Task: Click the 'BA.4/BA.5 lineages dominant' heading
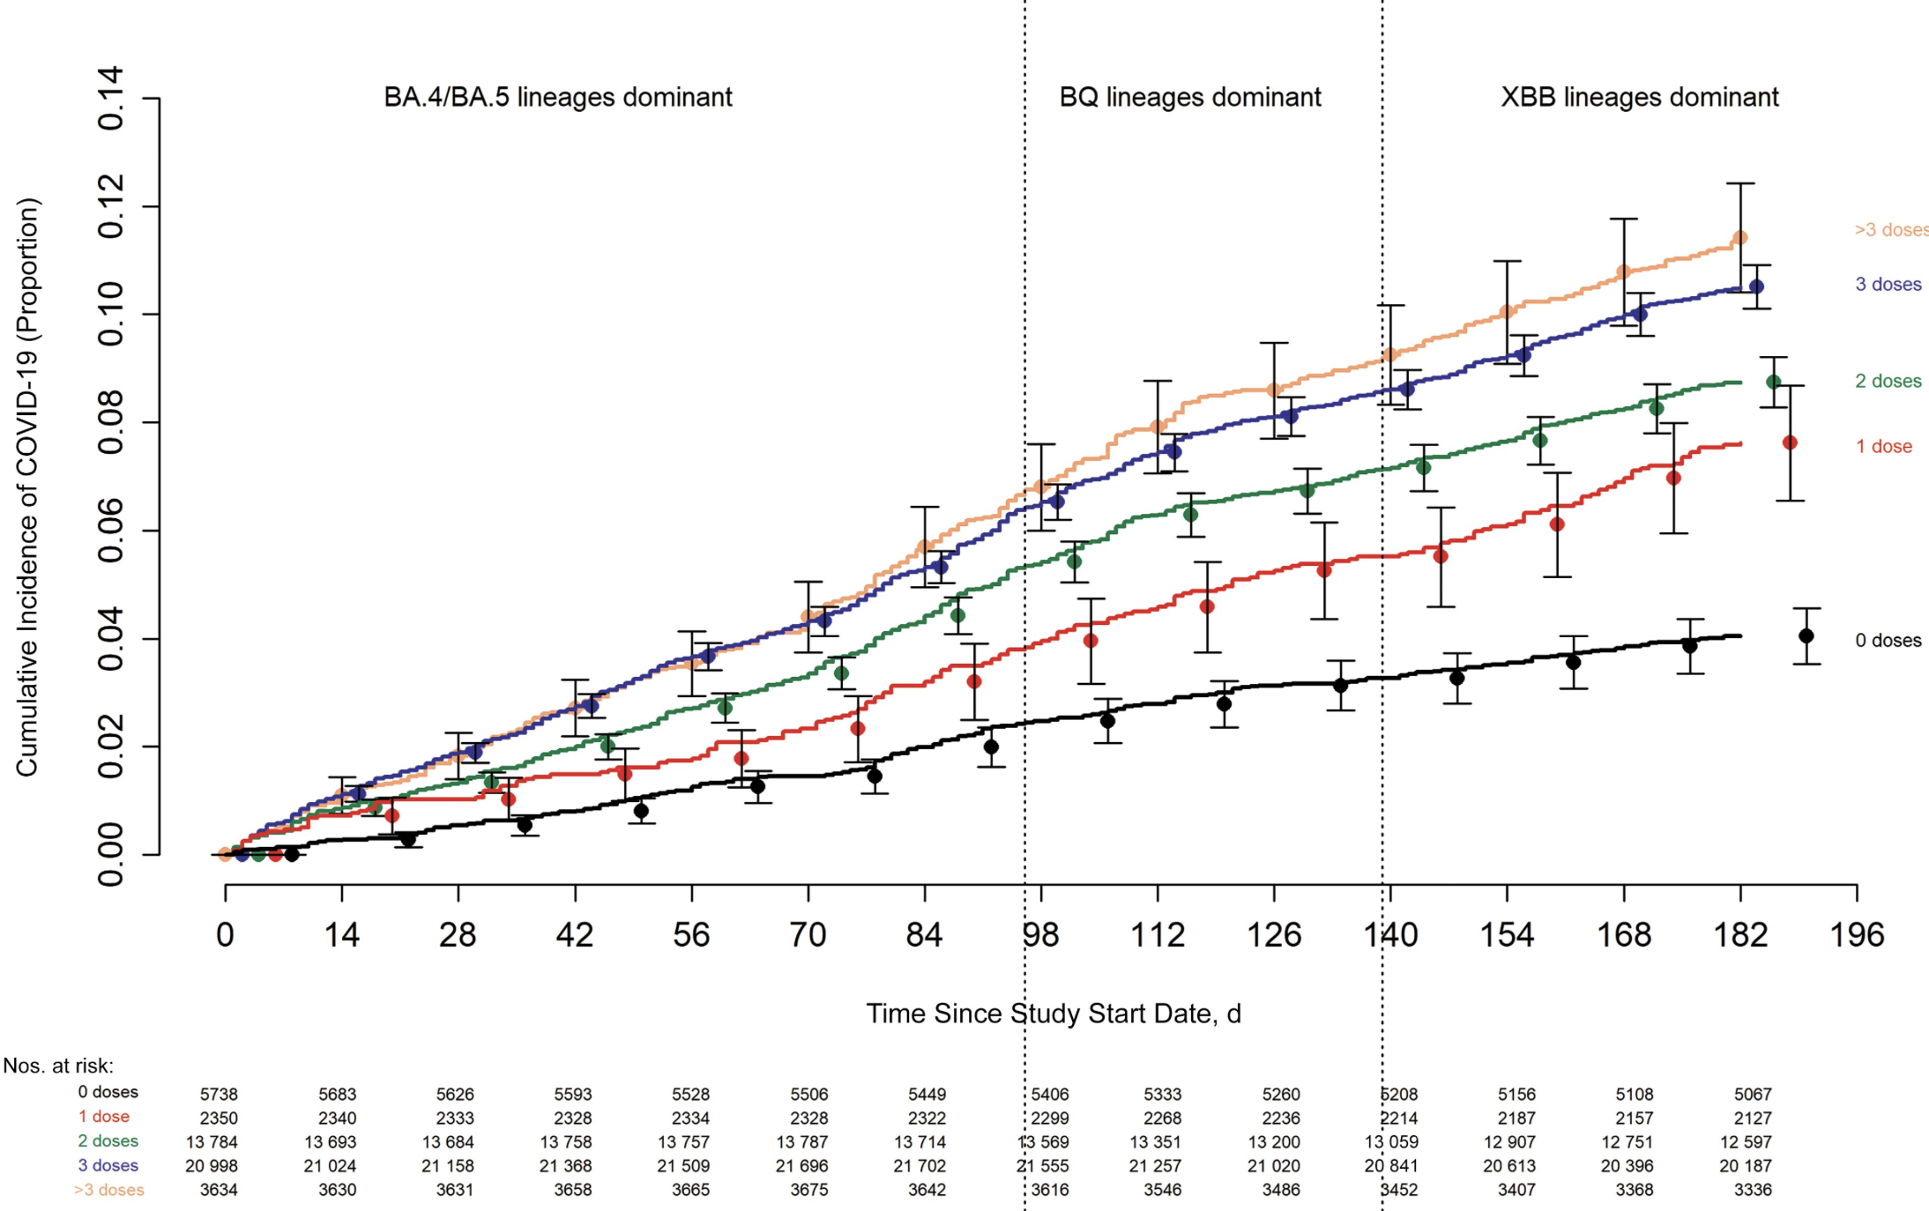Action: [557, 97]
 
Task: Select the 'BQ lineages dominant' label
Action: [1189, 97]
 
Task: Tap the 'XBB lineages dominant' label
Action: [1639, 97]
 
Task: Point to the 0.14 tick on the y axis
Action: [111, 98]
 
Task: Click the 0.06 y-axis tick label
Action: [111, 531]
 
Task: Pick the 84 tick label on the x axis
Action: [924, 935]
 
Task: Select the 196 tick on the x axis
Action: [1857, 935]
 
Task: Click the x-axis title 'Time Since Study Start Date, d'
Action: [1053, 1014]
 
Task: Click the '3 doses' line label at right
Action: [1888, 285]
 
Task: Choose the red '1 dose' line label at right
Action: [1883, 447]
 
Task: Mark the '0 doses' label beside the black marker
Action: [1888, 641]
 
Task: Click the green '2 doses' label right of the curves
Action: [1888, 382]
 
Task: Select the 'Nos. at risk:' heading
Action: [58, 1066]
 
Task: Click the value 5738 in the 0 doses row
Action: [219, 1095]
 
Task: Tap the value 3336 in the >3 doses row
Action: [1752, 1190]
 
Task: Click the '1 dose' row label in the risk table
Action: [104, 1117]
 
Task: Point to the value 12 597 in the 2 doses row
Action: [1746, 1142]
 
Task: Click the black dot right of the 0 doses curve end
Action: [1806, 636]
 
